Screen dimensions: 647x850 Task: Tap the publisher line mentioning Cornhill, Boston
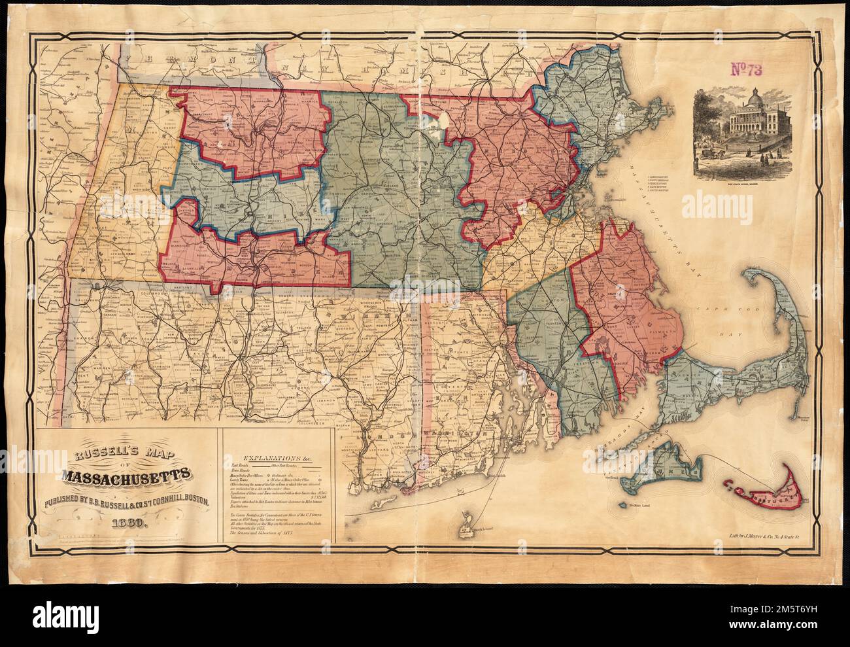(126, 501)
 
